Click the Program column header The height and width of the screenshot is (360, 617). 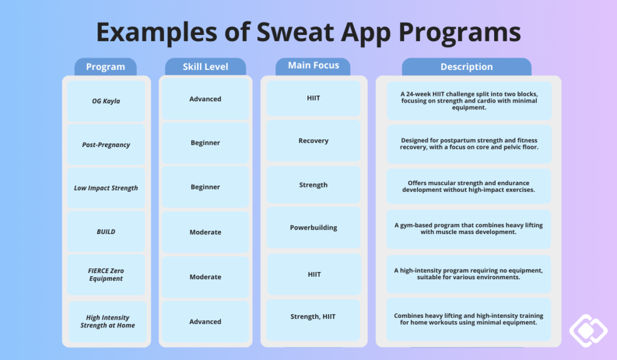tap(105, 67)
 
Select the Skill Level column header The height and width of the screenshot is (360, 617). tap(205, 67)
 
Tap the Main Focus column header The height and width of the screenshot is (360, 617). tap(313, 66)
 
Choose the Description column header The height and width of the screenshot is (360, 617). tap(466, 67)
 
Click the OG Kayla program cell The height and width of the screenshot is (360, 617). tap(106, 101)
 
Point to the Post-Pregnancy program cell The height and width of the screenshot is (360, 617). tap(106, 145)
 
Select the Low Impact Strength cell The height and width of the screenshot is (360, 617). tap(106, 188)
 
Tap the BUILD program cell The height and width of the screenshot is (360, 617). tap(106, 232)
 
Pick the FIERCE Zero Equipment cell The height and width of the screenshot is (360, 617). tap(106, 275)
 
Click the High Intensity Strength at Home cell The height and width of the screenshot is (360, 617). tap(107, 321)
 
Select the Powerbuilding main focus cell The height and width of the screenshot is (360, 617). tap(313, 228)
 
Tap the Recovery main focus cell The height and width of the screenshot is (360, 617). tap(313, 141)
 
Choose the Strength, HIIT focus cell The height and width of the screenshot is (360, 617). tap(313, 317)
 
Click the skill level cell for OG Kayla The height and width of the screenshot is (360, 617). tap(205, 99)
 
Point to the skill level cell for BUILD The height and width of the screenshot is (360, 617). tap(205, 232)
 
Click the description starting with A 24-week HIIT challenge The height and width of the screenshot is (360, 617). tap(469, 101)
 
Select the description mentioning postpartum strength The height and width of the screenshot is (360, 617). tap(469, 144)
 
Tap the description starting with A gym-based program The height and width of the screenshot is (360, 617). tap(469, 229)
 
